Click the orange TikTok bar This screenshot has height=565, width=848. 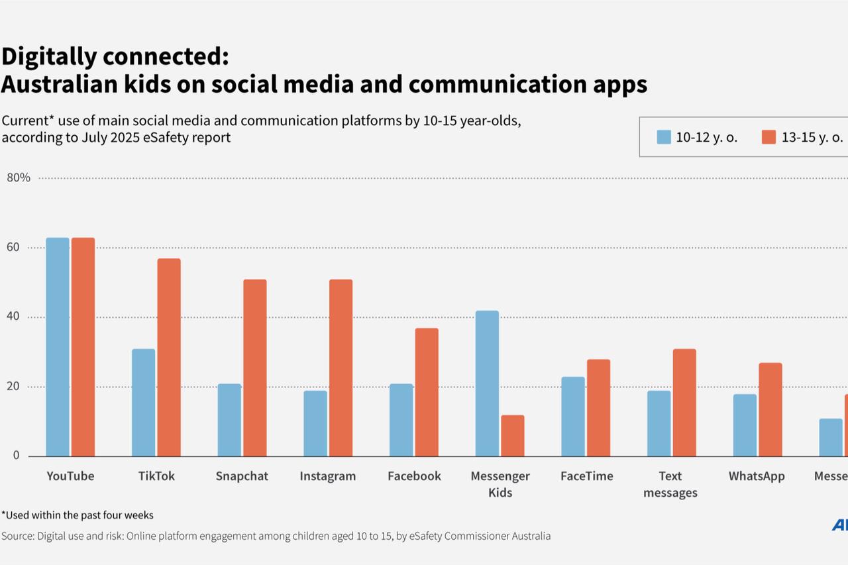point(169,357)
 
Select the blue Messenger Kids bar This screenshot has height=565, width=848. point(487,384)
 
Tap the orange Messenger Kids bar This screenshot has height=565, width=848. point(513,436)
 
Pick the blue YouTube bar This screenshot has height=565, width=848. point(58,347)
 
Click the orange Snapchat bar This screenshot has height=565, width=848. point(255,368)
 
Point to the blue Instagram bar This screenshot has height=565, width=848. point(315,423)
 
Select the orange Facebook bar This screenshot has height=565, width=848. point(427,392)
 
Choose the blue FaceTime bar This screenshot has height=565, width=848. point(573,417)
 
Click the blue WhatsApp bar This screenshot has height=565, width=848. point(745,425)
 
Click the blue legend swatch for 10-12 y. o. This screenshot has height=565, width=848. point(664,137)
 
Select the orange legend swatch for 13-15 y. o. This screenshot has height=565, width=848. point(768,137)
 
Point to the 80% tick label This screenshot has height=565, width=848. point(19,178)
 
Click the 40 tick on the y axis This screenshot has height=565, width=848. point(14,317)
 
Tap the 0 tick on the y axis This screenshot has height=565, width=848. point(16,456)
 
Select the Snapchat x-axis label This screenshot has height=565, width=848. point(242,476)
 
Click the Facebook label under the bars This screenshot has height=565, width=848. point(414,476)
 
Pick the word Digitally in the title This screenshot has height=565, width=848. point(48,58)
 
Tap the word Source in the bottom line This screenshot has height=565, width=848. point(17,536)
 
